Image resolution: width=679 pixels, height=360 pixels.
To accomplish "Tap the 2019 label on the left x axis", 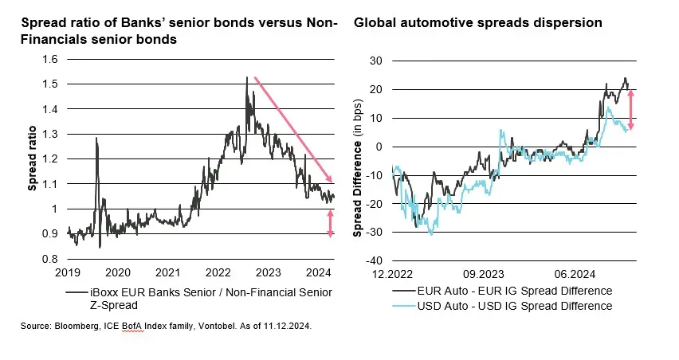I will coord(68,272).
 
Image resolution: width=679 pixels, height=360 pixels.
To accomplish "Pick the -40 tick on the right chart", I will coord(375,260).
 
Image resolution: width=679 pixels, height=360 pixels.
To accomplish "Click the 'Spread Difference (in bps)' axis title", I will coord(358,160).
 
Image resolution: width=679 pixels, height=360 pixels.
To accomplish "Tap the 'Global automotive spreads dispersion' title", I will coord(478,22).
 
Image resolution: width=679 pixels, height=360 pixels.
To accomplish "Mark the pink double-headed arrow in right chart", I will coord(631,110).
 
